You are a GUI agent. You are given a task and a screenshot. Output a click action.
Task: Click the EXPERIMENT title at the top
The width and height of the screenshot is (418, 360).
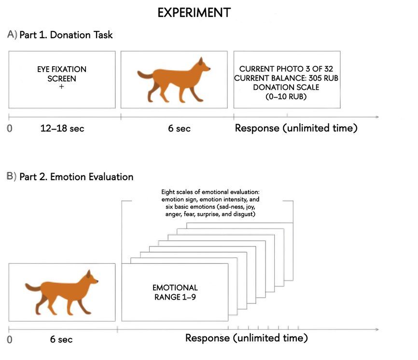pos(194,13)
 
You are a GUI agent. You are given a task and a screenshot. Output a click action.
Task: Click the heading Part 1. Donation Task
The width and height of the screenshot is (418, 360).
pos(66,35)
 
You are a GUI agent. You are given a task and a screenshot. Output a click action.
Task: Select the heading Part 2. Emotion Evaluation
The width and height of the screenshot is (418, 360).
pos(77,177)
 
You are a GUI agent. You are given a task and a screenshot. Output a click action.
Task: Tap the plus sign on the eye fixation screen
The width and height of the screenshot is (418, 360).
pos(62,86)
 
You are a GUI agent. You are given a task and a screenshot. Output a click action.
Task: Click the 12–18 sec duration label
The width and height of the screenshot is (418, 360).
pos(62,129)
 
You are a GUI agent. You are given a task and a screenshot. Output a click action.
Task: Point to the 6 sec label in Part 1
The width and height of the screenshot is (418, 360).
pos(179,129)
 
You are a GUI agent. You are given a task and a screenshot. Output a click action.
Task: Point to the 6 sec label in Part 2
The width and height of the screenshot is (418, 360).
pos(61,339)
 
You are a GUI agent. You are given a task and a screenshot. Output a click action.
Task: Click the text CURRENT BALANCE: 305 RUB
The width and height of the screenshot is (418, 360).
pos(286,78)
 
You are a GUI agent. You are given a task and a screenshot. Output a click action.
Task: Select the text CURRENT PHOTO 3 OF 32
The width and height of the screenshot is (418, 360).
pos(286,69)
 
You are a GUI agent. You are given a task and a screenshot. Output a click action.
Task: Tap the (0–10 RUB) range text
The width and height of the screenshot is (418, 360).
pos(286,96)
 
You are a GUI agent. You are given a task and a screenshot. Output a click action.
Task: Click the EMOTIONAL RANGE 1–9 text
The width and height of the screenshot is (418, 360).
pos(175,292)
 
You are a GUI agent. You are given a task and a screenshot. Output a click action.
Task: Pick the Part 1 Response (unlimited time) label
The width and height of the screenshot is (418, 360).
pos(296,128)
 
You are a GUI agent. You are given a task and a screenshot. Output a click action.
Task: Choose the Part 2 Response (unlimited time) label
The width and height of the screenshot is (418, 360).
pos(247,338)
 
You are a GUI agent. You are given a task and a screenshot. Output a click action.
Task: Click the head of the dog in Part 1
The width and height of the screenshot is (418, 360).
pos(202,65)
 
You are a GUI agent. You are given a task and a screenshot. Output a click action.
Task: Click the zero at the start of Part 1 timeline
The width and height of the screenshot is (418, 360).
pos(9,129)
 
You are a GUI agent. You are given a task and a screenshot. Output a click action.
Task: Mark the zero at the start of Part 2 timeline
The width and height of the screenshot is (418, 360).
pos(9,339)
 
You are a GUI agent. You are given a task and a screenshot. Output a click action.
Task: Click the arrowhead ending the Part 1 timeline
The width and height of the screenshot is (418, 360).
pos(377,117)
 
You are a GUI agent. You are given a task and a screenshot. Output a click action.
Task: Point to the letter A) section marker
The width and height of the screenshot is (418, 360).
pos(12,35)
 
